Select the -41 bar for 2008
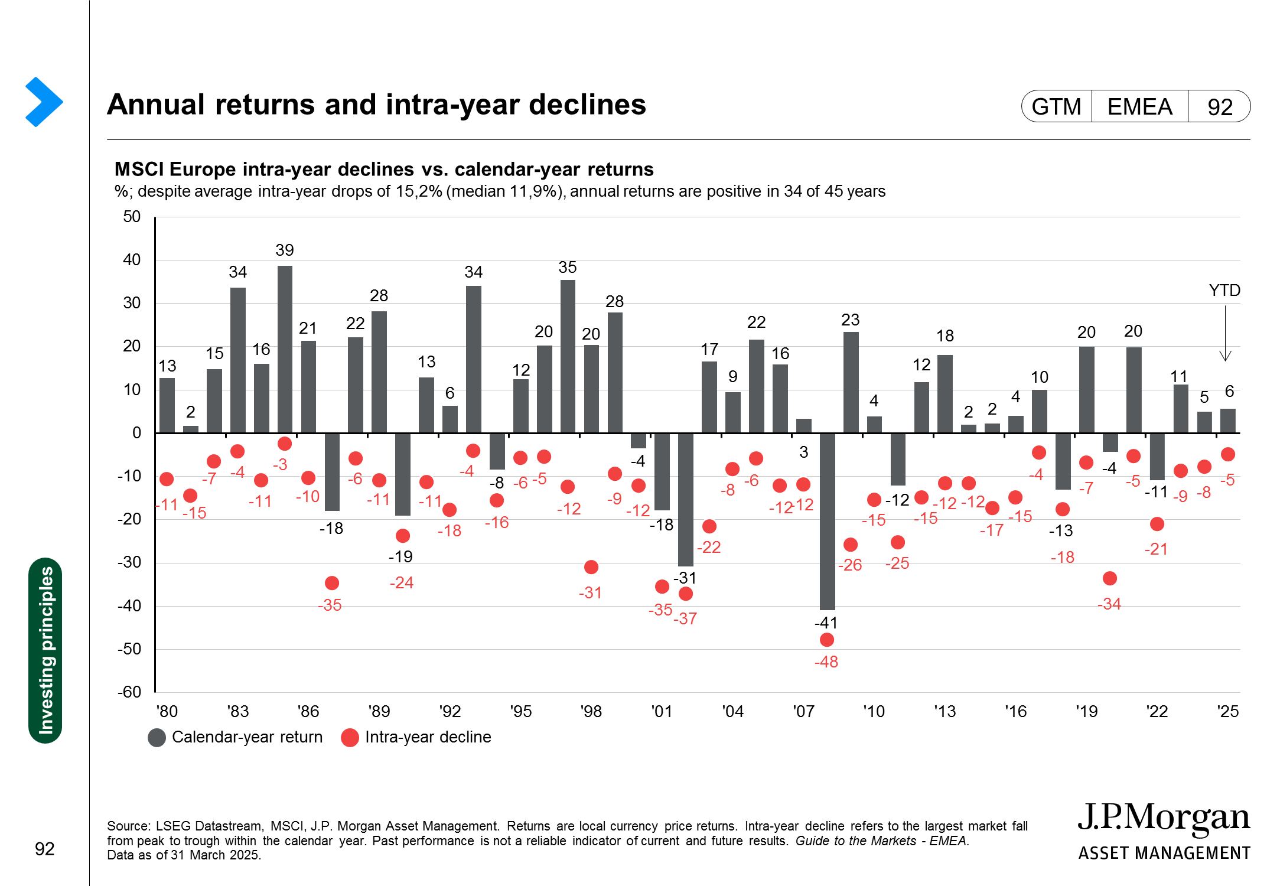click(827, 521)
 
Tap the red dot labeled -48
click(827, 640)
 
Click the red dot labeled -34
click(1110, 578)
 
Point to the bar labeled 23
click(851, 382)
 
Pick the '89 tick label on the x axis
click(379, 711)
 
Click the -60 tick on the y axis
click(129, 692)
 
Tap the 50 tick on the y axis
click(132, 217)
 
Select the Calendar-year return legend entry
click(236, 737)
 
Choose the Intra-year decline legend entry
click(417, 737)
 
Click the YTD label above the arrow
click(1224, 291)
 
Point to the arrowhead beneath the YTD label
click(1226, 357)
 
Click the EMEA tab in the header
click(1139, 107)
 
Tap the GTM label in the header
click(1056, 107)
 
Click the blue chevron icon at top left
click(44, 102)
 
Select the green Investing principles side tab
click(45, 650)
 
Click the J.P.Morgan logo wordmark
click(1163, 819)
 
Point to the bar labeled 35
click(568, 356)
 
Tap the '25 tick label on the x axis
click(1228, 711)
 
